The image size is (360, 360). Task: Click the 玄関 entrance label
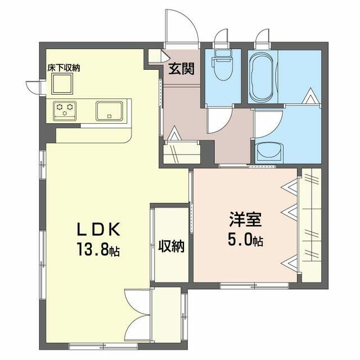click(181, 69)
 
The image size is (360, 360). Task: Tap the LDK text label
click(98, 229)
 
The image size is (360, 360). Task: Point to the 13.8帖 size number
click(98, 249)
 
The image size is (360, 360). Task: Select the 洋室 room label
click(245, 219)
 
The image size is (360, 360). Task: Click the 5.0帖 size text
click(245, 238)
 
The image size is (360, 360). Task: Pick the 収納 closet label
click(172, 246)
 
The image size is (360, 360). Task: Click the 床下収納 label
click(64, 67)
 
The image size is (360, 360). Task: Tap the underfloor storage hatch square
click(62, 84)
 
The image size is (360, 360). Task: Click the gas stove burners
click(65, 111)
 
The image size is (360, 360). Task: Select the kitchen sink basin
click(109, 111)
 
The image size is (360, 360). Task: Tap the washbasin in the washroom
click(269, 151)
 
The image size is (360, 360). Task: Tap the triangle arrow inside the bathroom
click(311, 96)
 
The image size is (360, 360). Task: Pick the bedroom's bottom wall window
click(254, 285)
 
